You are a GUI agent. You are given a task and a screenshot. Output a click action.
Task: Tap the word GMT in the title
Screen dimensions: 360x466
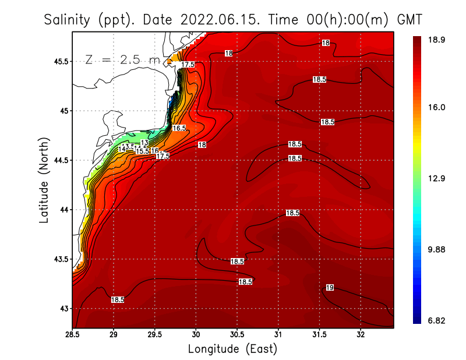coord(409,20)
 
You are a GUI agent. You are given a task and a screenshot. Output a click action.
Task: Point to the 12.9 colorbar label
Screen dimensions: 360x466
coord(436,178)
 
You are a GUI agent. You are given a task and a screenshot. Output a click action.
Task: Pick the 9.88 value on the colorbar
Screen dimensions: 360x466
coord(436,249)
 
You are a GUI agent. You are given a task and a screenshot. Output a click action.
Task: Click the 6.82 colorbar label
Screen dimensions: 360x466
coord(436,321)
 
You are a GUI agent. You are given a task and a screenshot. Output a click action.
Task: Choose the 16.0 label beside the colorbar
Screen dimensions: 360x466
coord(436,107)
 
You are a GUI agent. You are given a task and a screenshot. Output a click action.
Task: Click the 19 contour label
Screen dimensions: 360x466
coord(330,288)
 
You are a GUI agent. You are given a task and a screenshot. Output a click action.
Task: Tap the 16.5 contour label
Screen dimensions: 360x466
coord(179,128)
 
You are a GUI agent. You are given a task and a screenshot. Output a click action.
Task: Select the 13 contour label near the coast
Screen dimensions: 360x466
coord(144,143)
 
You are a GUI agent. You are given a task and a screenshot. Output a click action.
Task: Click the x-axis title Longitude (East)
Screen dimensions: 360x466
coord(232,349)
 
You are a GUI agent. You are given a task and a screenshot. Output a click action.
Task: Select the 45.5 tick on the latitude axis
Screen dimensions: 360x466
coord(59,61)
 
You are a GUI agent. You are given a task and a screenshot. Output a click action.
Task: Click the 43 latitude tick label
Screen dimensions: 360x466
coord(62,308)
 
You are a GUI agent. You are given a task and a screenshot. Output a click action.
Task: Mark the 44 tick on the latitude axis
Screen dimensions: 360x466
coord(62,210)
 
